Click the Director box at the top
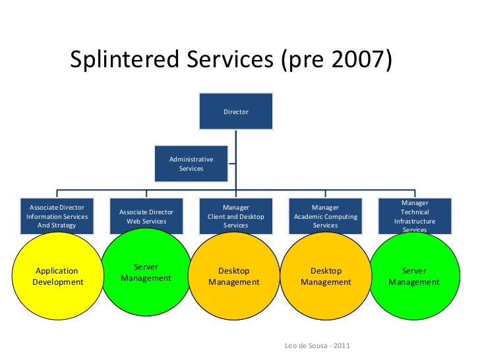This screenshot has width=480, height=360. (x=235, y=111)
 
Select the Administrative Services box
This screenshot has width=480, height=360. (x=191, y=164)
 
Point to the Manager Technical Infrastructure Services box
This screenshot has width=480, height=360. (x=415, y=216)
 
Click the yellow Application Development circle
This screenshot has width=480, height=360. (x=57, y=277)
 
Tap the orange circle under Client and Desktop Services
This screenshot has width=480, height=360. (x=235, y=277)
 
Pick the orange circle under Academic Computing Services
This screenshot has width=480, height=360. (x=326, y=277)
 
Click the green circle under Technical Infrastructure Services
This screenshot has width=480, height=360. (x=414, y=277)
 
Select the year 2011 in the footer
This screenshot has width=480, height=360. (x=342, y=346)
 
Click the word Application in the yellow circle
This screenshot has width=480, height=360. (x=57, y=271)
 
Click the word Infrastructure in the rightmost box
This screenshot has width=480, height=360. (x=415, y=222)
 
